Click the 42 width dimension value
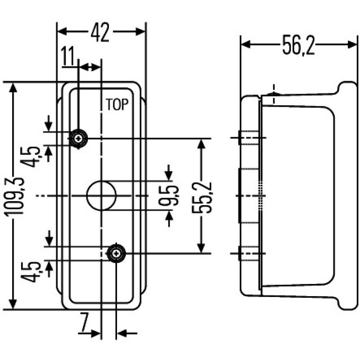click(x=100, y=33)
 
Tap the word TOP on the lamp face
click(x=117, y=104)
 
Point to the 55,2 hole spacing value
click(x=203, y=197)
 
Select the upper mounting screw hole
click(x=79, y=138)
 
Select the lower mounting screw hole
click(x=117, y=254)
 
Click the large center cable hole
click(x=101, y=195)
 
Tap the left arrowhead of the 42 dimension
click(x=61, y=31)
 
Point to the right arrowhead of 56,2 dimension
click(x=351, y=45)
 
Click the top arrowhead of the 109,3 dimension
click(x=14, y=87)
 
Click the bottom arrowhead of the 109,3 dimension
click(x=14, y=305)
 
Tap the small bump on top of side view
click(x=273, y=93)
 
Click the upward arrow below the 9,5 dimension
click(x=169, y=220)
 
